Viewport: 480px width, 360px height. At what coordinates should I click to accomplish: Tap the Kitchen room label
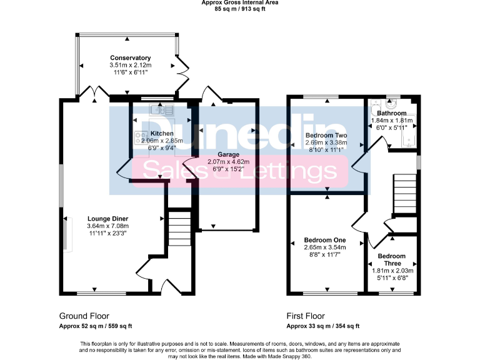tap(162, 134)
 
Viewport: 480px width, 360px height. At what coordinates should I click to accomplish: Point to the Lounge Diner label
tap(107, 219)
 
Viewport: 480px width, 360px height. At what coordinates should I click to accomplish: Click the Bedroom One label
tap(324, 240)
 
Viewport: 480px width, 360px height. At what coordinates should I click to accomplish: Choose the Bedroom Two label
tap(326, 135)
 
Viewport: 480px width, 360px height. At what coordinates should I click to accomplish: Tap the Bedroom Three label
tap(391, 260)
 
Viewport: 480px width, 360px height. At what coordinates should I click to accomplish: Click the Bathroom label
tap(391, 113)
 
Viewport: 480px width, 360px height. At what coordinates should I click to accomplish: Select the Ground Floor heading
tap(84, 316)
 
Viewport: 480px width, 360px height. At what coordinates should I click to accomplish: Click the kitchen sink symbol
tap(161, 110)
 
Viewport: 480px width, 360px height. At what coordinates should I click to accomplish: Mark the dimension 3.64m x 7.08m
tap(107, 226)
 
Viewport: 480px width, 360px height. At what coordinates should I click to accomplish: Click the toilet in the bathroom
tap(376, 106)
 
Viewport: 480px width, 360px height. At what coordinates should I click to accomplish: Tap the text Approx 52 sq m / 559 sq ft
tap(95, 326)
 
